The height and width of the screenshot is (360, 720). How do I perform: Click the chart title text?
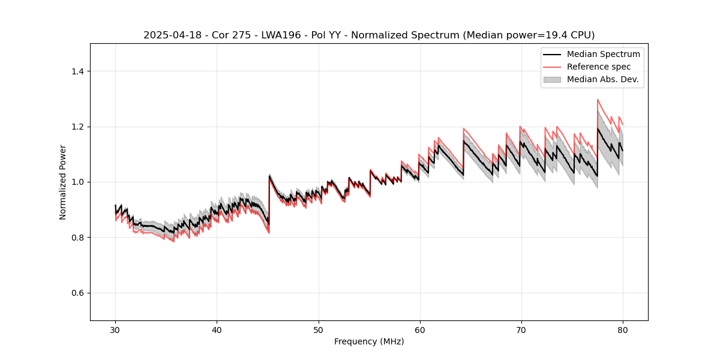[x=369, y=35]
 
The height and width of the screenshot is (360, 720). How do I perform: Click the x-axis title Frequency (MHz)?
[x=369, y=341]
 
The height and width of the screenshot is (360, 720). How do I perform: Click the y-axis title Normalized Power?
[x=63, y=182]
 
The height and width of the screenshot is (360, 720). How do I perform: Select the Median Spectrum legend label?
[x=603, y=54]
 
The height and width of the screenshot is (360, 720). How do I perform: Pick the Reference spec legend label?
[x=598, y=67]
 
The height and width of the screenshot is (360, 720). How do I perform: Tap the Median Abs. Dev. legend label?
[x=602, y=79]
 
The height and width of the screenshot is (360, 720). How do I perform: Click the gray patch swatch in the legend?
[x=552, y=79]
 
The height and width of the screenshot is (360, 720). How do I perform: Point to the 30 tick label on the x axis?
[x=115, y=330]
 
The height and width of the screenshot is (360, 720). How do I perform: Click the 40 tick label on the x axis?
[x=217, y=330]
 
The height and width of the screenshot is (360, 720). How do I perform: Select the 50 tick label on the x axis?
[x=319, y=330]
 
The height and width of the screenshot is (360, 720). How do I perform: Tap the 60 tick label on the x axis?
[x=420, y=330]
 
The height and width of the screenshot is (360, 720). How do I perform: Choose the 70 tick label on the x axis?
[x=521, y=330]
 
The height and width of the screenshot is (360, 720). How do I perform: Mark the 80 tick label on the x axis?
[x=623, y=330]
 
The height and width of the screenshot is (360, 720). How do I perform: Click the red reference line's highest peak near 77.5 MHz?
[x=598, y=100]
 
